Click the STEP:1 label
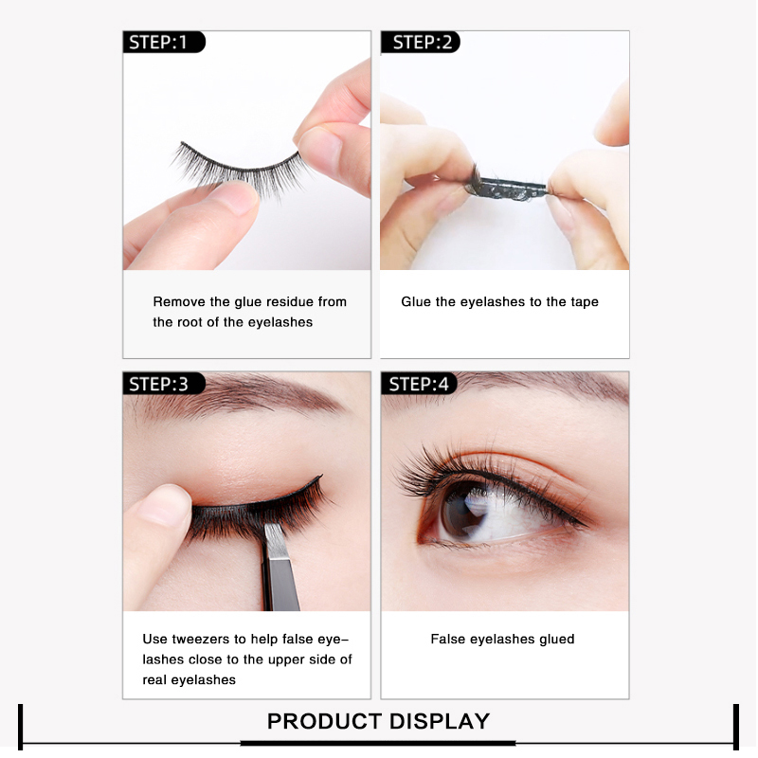157,43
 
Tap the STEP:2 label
422,43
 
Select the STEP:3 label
158,385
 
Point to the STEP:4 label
419,385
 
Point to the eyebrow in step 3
242,394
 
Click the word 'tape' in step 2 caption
585,302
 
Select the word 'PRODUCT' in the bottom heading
325,721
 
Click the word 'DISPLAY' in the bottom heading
440,721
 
